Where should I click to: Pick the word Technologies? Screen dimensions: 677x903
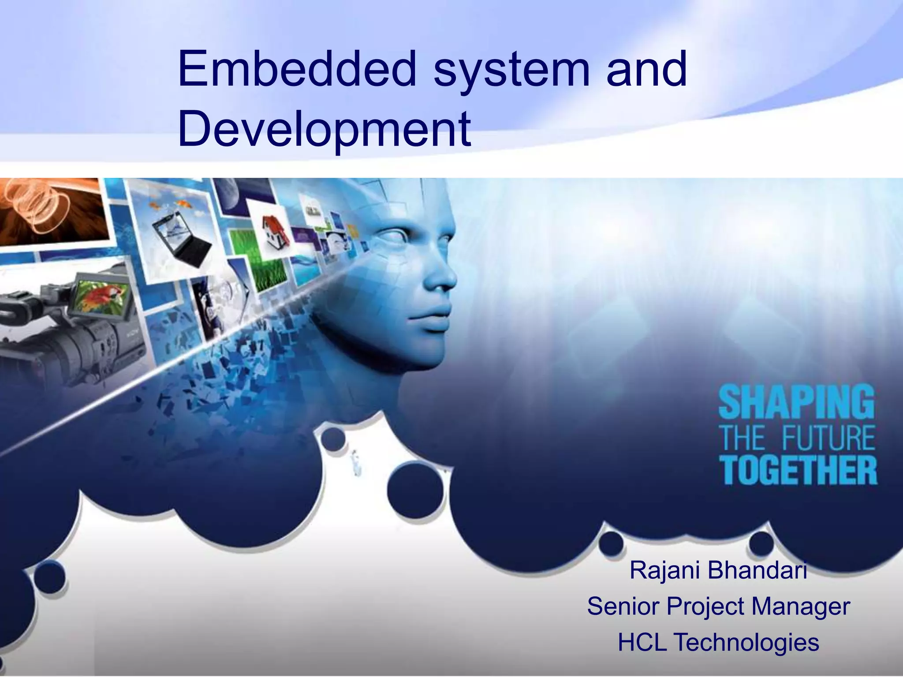pos(747,643)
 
